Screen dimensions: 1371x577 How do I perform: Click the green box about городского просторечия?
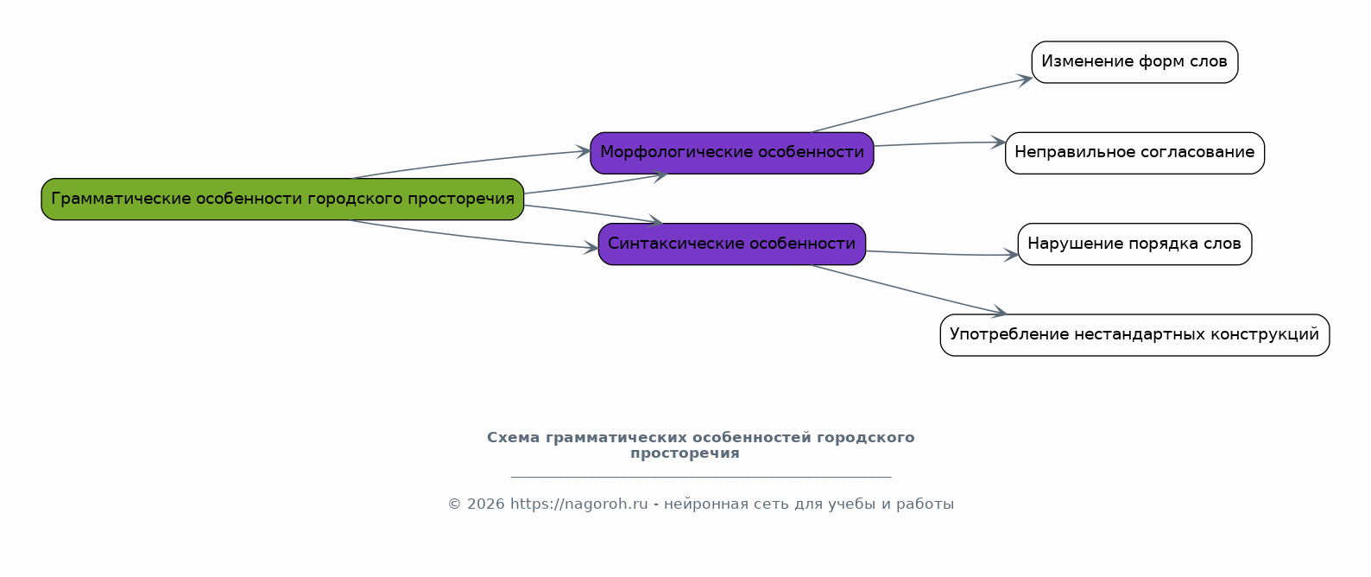282,199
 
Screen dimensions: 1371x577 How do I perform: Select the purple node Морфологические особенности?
732,153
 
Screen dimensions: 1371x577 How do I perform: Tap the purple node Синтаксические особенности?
732,244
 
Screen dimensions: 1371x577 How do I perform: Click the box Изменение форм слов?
1134,62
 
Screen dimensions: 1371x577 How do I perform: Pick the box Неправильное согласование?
1134,153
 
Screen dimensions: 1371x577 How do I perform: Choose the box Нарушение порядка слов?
1134,244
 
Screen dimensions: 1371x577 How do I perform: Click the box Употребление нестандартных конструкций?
1134,335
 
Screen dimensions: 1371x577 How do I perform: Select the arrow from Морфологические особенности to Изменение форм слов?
922,104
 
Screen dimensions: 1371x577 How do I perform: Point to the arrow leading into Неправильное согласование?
939,143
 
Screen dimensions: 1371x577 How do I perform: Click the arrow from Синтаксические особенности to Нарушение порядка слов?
942,254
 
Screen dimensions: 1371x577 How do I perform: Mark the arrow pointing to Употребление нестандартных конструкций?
908,289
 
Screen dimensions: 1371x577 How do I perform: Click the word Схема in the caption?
514,438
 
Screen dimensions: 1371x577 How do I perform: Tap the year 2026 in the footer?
486,504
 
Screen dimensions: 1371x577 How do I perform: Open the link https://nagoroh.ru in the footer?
579,504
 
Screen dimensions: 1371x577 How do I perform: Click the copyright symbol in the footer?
455,504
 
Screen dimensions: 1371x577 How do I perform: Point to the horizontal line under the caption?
701,476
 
